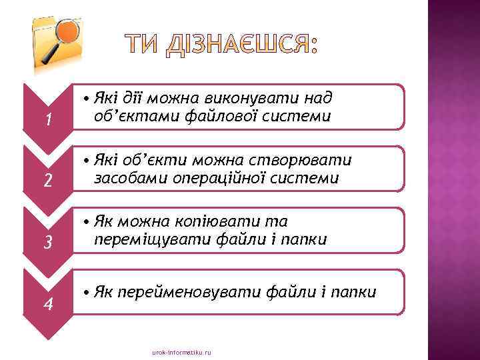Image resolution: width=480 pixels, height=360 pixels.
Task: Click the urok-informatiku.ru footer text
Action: click(181, 351)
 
